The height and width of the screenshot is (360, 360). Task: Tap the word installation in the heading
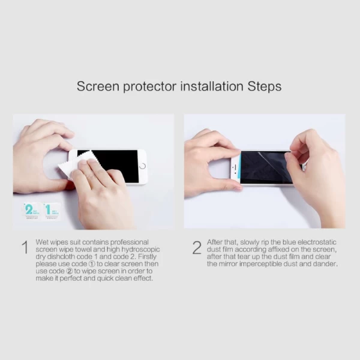point(208,86)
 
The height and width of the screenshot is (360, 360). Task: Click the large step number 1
point(24,248)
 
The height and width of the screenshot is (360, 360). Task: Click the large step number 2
point(196,248)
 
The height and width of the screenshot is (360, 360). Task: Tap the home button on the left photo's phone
point(142,166)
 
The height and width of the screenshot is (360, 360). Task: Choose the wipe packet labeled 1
point(51,211)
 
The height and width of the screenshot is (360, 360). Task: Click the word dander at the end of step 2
point(325,264)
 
